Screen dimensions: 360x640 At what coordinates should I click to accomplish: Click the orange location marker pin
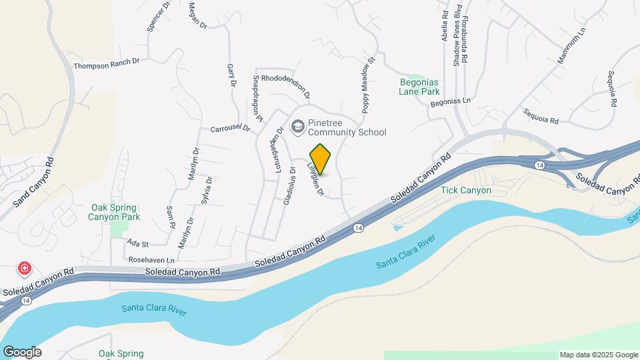tap(321, 159)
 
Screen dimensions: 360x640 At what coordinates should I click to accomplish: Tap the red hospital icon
tap(25, 269)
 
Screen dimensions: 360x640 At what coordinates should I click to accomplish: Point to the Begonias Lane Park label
tap(420, 86)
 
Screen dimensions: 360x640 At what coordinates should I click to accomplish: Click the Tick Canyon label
tap(466, 190)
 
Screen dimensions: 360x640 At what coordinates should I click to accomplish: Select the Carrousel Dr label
tap(229, 128)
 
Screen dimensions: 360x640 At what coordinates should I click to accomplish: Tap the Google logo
tap(22, 352)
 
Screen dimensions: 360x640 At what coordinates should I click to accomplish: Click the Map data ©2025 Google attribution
tap(599, 355)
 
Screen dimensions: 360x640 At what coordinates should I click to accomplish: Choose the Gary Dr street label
tap(232, 76)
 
